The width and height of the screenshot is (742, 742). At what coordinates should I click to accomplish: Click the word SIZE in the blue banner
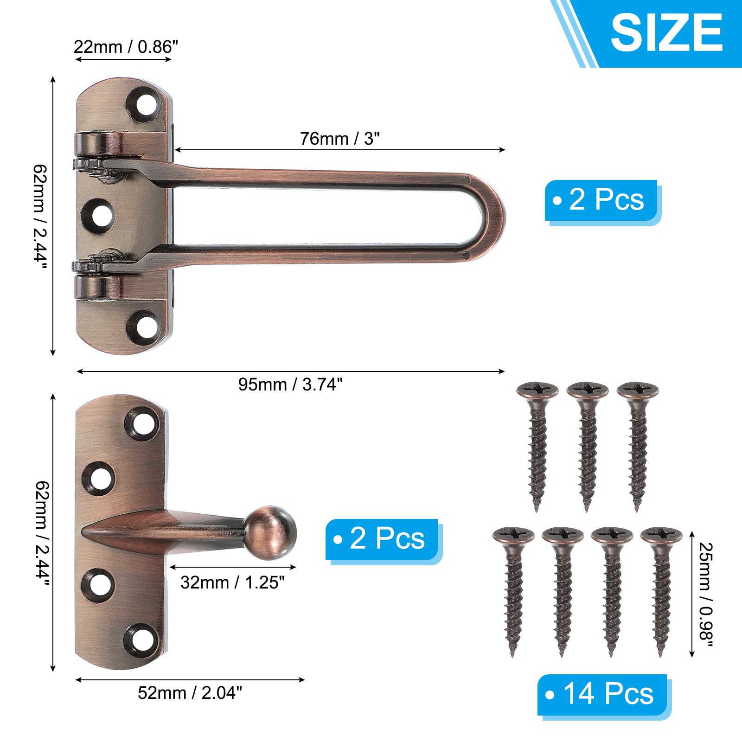click(667, 32)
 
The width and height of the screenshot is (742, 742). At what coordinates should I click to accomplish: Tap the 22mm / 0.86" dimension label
click(126, 47)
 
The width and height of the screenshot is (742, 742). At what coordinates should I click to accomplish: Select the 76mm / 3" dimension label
click(339, 138)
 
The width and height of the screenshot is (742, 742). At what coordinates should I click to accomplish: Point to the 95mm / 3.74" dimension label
click(290, 384)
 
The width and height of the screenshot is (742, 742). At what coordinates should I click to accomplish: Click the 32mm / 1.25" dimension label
click(232, 582)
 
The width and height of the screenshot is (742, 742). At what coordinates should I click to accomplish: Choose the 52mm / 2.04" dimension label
click(190, 692)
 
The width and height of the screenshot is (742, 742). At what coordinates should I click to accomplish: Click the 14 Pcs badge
click(602, 694)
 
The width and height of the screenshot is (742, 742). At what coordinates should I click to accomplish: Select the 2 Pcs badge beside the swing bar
click(601, 200)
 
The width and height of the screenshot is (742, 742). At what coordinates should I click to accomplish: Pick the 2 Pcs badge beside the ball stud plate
click(382, 539)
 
